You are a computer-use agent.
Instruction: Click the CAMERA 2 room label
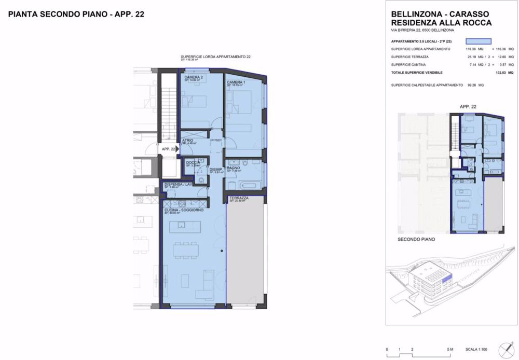(193, 77)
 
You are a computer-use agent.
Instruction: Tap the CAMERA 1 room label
(236, 83)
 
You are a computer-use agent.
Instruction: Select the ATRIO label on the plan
(188, 140)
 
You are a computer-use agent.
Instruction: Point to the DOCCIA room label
(193, 162)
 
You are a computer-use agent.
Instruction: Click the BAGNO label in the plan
(233, 168)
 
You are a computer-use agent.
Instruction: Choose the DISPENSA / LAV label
(179, 185)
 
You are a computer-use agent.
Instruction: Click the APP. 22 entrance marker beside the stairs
(168, 149)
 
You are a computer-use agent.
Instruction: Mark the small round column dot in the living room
(222, 252)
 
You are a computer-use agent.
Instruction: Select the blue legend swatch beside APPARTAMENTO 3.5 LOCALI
(478, 41)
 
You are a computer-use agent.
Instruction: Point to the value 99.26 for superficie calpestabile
(471, 85)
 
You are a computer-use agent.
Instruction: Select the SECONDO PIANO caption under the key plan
(416, 240)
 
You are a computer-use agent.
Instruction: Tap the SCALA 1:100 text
(477, 349)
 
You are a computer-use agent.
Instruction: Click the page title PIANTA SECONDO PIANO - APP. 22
(76, 15)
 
